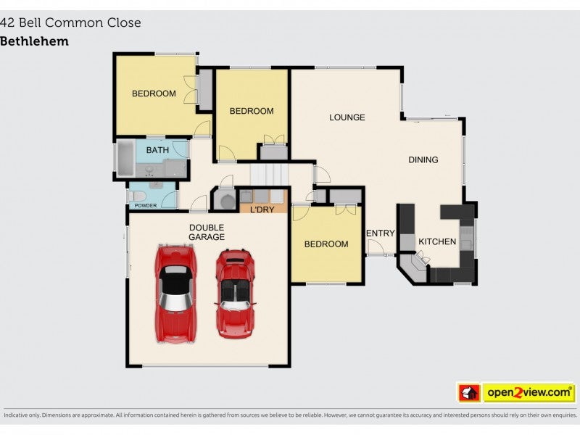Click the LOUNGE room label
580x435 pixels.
click(347, 117)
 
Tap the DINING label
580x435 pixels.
click(423, 159)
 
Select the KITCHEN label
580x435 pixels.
click(437, 241)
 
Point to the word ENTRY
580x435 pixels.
click(380, 233)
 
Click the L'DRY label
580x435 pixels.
click(262, 210)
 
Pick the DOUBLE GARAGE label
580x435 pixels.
click(207, 232)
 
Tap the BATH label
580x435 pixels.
click(157, 150)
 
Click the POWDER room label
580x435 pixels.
click(146, 206)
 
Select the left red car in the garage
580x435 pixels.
click(175, 293)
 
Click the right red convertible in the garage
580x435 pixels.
click(235, 294)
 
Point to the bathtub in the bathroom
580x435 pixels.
click(125, 158)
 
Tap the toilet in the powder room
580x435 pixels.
click(136, 196)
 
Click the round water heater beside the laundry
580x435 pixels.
click(227, 202)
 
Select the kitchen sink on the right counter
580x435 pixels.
click(466, 238)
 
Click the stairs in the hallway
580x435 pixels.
click(269, 174)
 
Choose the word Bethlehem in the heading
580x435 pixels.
click(34, 41)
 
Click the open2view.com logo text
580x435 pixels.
click(529, 392)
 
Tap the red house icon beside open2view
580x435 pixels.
click(469, 392)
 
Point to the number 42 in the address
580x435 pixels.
click(7, 22)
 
